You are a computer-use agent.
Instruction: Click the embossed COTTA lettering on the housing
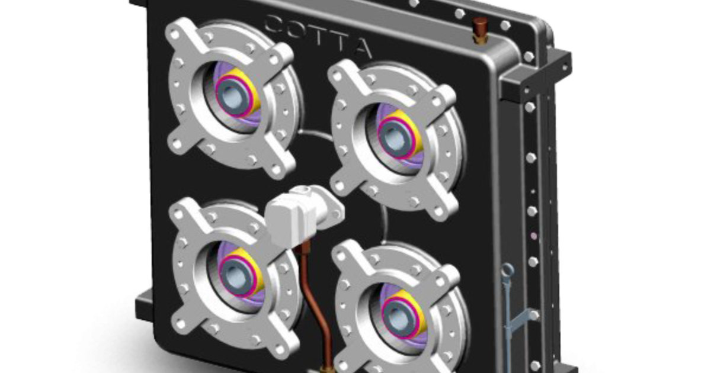(x=318, y=36)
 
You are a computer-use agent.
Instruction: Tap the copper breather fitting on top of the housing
(x=479, y=27)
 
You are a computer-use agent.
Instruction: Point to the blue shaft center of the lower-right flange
(x=397, y=316)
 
